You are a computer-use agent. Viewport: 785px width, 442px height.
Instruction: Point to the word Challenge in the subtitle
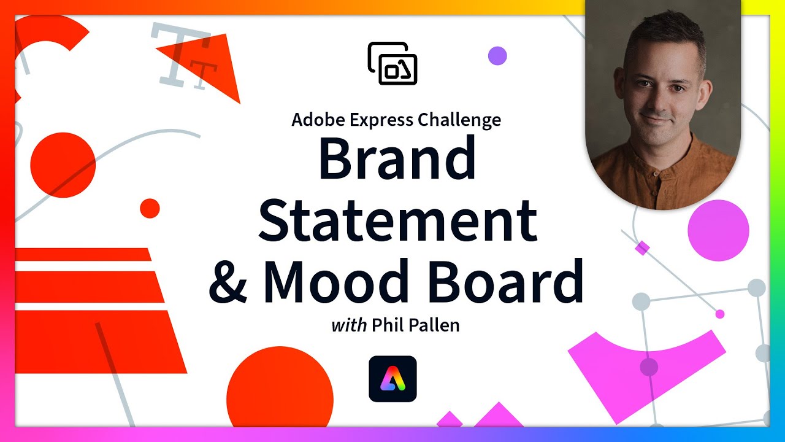(459, 120)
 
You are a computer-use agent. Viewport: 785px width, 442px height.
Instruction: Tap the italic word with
(349, 325)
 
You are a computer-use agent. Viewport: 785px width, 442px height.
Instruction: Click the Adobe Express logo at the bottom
(392, 379)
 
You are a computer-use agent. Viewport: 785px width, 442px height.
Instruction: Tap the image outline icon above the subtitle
(392, 63)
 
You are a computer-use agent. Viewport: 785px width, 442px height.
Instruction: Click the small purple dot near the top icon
(497, 55)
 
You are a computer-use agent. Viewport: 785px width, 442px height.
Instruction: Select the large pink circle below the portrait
(718, 230)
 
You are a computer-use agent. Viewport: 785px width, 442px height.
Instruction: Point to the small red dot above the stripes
(150, 208)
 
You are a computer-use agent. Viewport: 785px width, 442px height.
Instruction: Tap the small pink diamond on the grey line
(642, 248)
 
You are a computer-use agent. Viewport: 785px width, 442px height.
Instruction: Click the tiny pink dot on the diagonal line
(720, 314)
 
